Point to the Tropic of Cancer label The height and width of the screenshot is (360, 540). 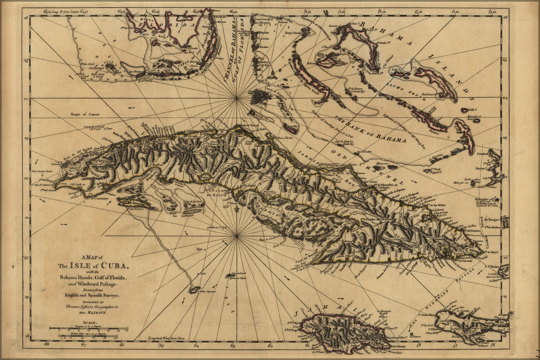click(85, 114)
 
